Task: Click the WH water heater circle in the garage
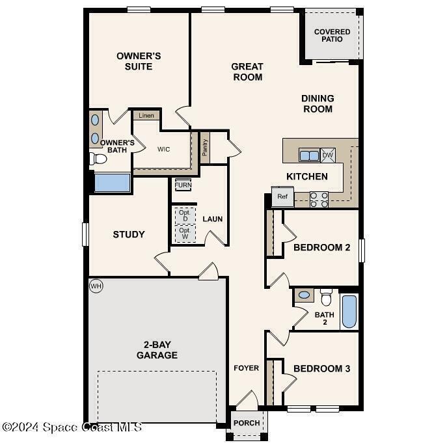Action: (x=96, y=286)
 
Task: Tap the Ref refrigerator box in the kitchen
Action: (x=282, y=196)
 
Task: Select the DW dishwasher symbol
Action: (x=328, y=155)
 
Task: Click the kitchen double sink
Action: (x=309, y=156)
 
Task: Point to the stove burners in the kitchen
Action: (x=319, y=200)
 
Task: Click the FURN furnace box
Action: (x=183, y=185)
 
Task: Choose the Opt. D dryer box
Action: (x=185, y=215)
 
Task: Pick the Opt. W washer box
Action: (x=185, y=234)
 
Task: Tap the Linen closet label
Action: (x=146, y=115)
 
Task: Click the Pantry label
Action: (x=205, y=148)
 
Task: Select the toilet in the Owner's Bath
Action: (x=98, y=159)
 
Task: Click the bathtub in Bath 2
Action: (x=349, y=312)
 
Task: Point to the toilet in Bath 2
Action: (x=326, y=297)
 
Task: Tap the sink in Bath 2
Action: (x=304, y=295)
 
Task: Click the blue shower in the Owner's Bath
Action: (x=113, y=183)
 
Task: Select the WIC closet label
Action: (x=163, y=149)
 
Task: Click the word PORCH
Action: (x=247, y=423)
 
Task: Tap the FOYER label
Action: (x=247, y=368)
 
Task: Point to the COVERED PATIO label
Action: (x=332, y=35)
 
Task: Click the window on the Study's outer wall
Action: (x=85, y=234)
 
